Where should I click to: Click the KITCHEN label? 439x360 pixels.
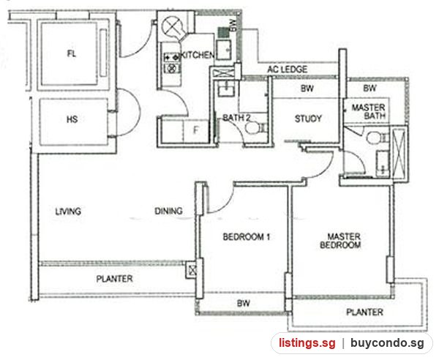point(198,55)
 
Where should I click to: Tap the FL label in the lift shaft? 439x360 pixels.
point(72,53)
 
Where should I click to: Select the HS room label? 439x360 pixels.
point(72,119)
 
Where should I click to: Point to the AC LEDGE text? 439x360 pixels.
point(288,69)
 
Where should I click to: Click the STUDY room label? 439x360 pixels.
point(308,119)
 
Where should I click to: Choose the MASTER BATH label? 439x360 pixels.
point(368,111)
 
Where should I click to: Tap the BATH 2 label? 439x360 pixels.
point(236,118)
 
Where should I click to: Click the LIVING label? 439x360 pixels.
point(68,211)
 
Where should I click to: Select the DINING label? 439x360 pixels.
point(168,211)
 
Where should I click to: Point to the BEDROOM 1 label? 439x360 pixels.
point(247,237)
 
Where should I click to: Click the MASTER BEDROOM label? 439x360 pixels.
point(340,241)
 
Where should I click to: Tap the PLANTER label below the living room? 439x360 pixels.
point(115,279)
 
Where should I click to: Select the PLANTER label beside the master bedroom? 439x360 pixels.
point(364,312)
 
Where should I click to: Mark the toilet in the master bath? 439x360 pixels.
point(377,138)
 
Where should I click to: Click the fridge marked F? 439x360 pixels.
point(196,130)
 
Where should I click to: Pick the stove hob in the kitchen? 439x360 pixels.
point(171,62)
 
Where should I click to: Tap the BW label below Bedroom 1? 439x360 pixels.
point(244,303)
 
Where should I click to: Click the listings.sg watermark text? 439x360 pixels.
point(307,343)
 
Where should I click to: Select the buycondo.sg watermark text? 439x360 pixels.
point(387,343)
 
